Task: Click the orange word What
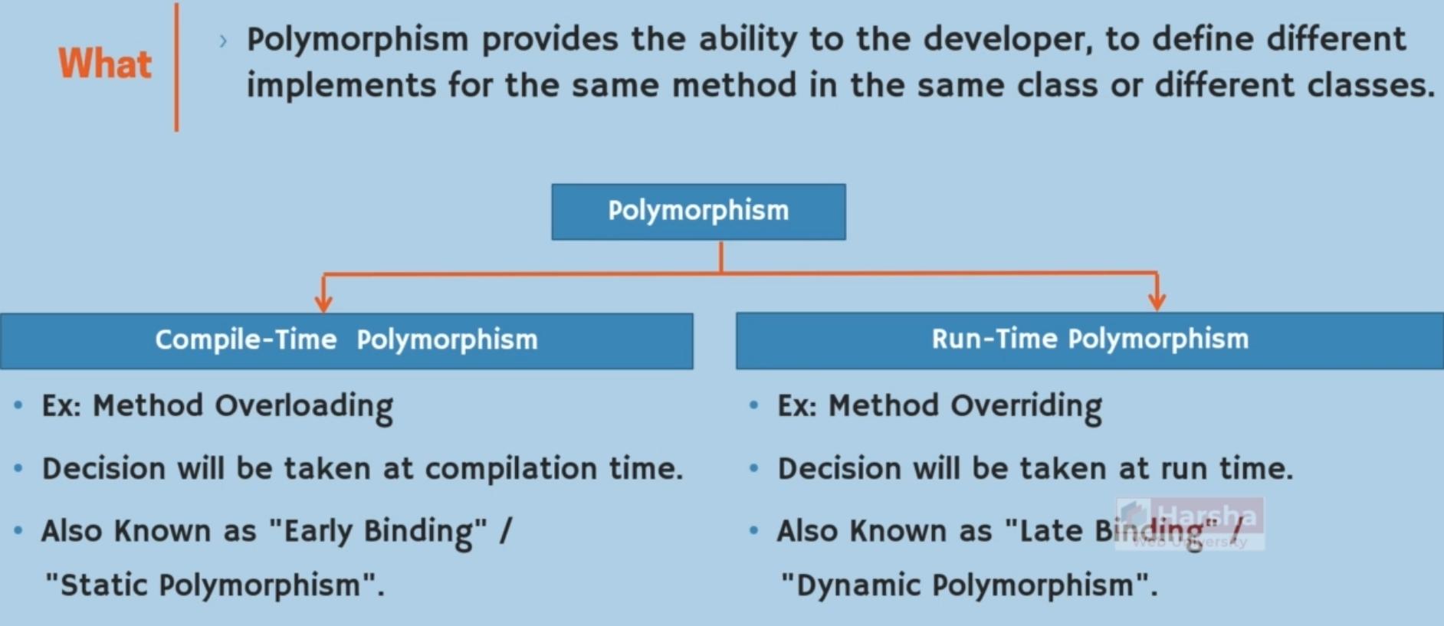pos(105,63)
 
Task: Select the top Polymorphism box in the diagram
pos(698,211)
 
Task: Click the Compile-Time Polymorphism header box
pos(346,340)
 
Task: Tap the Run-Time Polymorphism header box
pos(1090,340)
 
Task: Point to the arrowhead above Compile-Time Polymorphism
pos(323,303)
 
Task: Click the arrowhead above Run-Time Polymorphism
pos(1157,301)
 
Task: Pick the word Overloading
pos(304,407)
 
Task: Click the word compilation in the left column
pos(510,469)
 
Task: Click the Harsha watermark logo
pos(1190,523)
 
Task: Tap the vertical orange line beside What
pos(176,67)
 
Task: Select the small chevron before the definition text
pos(223,41)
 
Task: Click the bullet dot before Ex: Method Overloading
pos(18,405)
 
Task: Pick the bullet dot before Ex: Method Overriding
pos(753,405)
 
